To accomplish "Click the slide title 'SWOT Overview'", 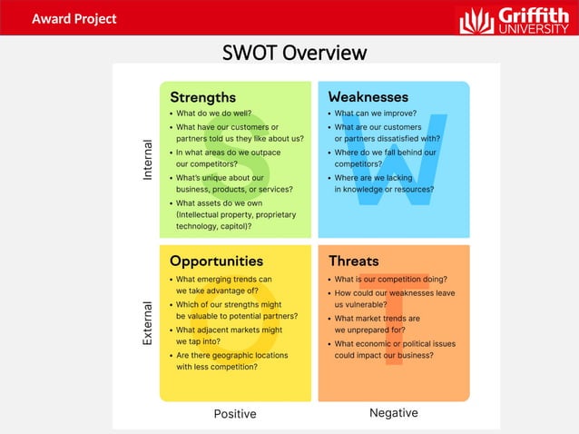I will pos(294,53).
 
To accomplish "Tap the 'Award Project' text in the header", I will pos(74,18).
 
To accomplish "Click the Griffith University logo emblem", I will pos(476,20).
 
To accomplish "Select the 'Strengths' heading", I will pos(202,97).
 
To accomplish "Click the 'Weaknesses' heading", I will pos(368,97).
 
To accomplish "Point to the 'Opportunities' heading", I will pos(216,261).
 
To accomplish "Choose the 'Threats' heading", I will pos(354,261).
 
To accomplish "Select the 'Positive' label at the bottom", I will pos(235,414).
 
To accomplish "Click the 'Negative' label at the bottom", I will pos(394,413).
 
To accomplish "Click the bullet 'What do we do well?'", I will pos(213,114).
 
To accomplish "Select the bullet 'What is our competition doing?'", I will pos(390,280).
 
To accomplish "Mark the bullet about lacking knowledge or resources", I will pos(383,184).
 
